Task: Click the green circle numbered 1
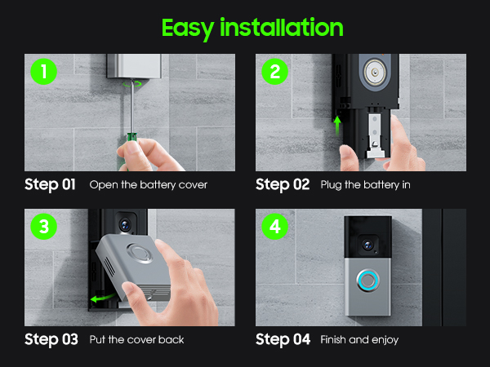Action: [44, 72]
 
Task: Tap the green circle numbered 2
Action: [274, 72]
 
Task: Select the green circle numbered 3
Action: [44, 226]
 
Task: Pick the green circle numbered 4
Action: [274, 226]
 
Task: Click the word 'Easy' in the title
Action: [188, 29]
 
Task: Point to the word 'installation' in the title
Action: [282, 28]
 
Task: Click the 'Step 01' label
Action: [50, 184]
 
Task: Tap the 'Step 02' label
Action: [283, 184]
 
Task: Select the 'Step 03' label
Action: [51, 339]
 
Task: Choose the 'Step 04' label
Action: [283, 339]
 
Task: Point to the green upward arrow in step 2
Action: [337, 126]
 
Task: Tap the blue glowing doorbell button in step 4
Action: [368, 281]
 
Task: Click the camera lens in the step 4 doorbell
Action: [367, 245]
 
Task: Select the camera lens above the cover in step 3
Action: [125, 224]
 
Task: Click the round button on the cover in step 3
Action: [140, 253]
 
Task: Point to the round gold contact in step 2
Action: [375, 72]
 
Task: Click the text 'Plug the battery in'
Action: [365, 185]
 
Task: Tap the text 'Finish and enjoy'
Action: [359, 339]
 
